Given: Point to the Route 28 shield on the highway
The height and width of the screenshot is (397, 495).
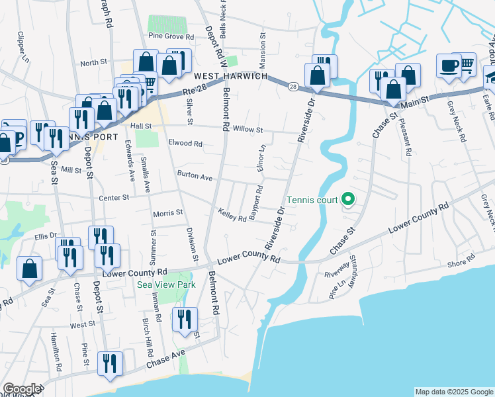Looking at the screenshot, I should [292, 85].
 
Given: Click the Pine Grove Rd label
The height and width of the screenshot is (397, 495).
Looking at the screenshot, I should [171, 36].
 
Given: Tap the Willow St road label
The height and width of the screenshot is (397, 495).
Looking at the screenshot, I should [246, 130].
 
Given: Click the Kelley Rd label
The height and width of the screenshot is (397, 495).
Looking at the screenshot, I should [232, 215].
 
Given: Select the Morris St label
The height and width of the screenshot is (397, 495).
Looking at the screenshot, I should [167, 213].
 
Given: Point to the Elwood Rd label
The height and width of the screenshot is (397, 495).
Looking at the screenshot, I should [185, 143].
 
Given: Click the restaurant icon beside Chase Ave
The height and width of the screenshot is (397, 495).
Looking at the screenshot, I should [109, 364].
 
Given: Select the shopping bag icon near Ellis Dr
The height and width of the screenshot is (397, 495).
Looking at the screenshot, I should [29, 269].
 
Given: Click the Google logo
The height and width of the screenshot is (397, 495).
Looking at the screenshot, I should [21, 389].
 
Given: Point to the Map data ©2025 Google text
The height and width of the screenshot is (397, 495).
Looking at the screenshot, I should [454, 392].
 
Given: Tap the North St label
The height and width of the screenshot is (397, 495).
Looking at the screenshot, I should [93, 62].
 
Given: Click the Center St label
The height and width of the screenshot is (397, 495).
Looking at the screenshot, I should [112, 197].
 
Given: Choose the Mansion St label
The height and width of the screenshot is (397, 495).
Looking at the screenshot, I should [263, 51].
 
